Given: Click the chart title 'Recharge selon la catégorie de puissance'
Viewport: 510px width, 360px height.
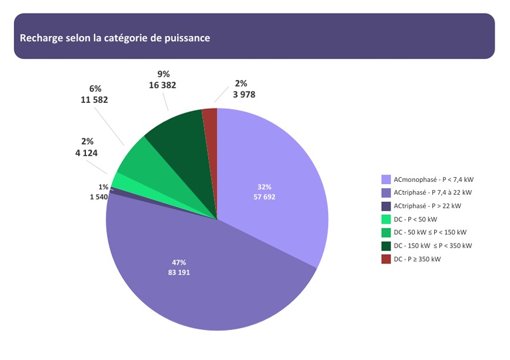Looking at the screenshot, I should [x=115, y=38].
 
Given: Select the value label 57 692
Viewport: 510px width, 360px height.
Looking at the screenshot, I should [x=264, y=196].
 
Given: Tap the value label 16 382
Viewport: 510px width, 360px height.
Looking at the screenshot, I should [x=163, y=85].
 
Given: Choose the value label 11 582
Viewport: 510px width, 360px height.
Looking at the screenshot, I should [x=94, y=100].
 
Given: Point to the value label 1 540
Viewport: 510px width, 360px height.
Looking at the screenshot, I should [x=99, y=197].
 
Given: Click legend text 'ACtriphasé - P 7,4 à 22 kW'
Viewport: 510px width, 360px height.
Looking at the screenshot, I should [x=433, y=192].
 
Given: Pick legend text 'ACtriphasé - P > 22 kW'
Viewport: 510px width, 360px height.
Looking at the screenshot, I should [x=428, y=206].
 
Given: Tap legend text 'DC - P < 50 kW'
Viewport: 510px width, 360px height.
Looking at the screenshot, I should [x=416, y=219].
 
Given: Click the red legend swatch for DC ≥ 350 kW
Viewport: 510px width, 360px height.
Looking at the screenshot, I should [x=386, y=259].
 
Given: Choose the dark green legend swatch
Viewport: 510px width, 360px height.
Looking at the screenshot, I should [x=386, y=246].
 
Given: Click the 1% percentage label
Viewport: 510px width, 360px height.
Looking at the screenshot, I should [x=103, y=187].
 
